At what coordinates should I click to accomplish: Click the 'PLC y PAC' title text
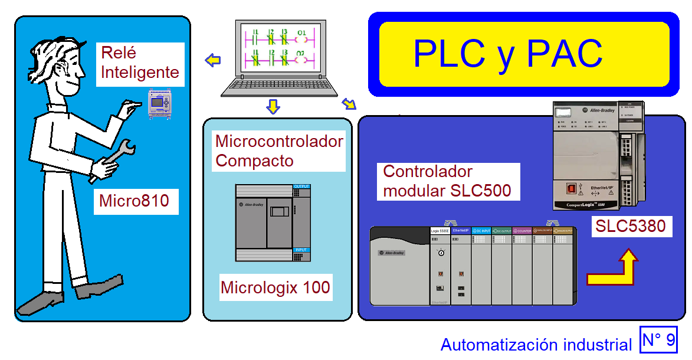507,54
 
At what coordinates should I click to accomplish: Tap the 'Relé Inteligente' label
139,63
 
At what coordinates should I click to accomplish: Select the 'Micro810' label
134,201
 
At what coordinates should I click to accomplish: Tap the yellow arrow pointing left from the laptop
212,60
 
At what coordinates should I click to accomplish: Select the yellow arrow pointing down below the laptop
273,107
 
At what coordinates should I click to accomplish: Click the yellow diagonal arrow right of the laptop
349,104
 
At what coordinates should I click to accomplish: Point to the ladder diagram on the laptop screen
278,48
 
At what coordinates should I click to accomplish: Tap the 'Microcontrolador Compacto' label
279,151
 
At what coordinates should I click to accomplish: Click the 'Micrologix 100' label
275,288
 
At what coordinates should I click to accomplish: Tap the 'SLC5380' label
631,226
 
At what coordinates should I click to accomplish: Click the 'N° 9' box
658,340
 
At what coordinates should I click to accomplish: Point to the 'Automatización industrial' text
536,345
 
